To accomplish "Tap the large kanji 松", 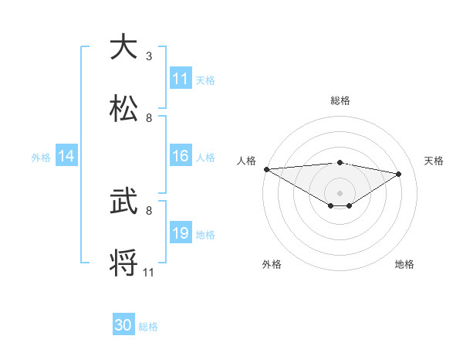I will [x=125, y=107].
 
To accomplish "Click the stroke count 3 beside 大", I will [x=148, y=56].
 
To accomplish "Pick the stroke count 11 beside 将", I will [x=148, y=272].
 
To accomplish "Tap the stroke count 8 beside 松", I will [x=148, y=117].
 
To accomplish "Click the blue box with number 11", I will [x=181, y=79].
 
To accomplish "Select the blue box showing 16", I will [x=181, y=156].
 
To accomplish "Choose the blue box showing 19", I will [x=181, y=233].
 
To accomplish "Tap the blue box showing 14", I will [x=66, y=156].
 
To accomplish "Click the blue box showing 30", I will [x=123, y=326].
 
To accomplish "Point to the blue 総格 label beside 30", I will [x=148, y=327].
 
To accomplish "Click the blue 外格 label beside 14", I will [x=41, y=157].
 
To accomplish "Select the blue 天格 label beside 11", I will [x=204, y=80].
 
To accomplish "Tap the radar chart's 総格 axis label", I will [x=340, y=100].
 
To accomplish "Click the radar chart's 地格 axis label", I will [x=404, y=264].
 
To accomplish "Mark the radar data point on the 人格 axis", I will [x=266, y=169].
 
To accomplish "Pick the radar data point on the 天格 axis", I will [x=399, y=175].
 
